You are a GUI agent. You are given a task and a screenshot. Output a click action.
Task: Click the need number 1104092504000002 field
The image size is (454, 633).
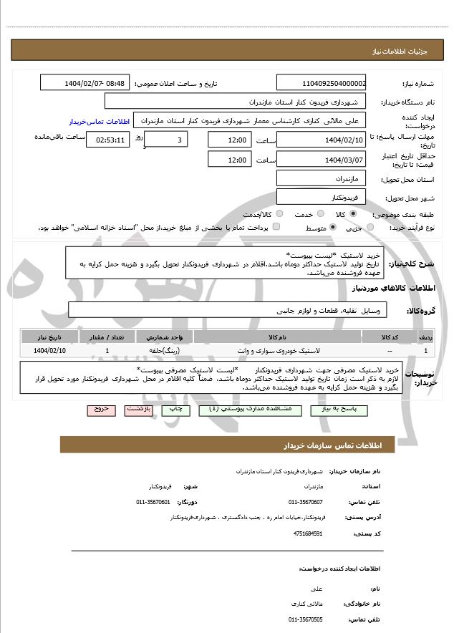(322, 83)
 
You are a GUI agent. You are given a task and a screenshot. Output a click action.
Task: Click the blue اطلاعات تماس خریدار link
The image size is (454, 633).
(92, 122)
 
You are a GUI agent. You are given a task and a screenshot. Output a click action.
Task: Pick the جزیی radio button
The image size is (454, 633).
(370, 227)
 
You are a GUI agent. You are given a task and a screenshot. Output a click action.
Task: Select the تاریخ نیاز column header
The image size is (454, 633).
(49, 336)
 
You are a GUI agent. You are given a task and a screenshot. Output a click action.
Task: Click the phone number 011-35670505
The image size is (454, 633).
(306, 619)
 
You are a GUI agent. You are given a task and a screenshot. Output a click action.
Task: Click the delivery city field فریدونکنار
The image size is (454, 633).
(322, 196)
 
